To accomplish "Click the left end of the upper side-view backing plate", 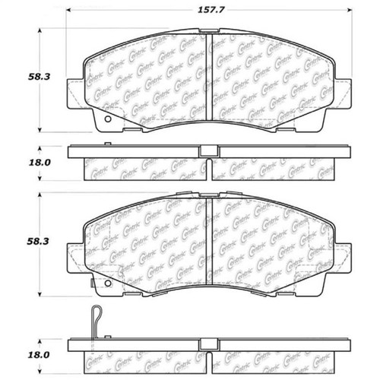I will coord(71,151).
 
